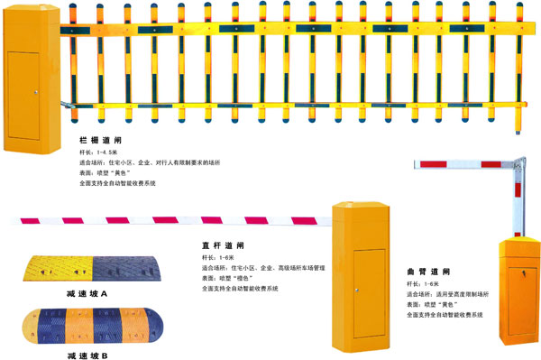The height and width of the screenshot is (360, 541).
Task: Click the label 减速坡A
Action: tap(87, 294)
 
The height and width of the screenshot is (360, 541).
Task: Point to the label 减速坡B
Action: tap(87, 355)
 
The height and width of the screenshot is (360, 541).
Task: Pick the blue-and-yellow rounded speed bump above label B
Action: tap(86, 326)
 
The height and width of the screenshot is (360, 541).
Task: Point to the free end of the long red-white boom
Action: tap(16, 220)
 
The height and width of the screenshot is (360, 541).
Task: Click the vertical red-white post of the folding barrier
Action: tap(518, 203)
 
